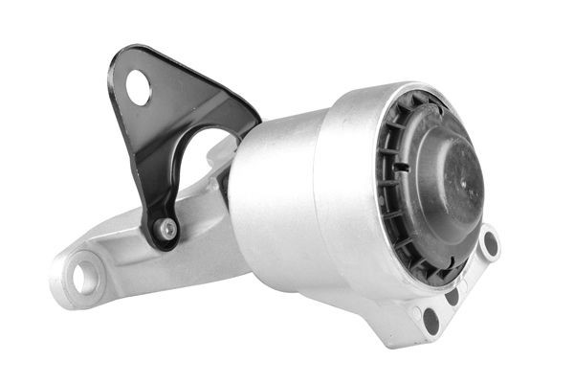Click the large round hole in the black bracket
139,88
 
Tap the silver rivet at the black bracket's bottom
167,229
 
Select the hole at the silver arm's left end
84,279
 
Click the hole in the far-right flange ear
490,244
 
